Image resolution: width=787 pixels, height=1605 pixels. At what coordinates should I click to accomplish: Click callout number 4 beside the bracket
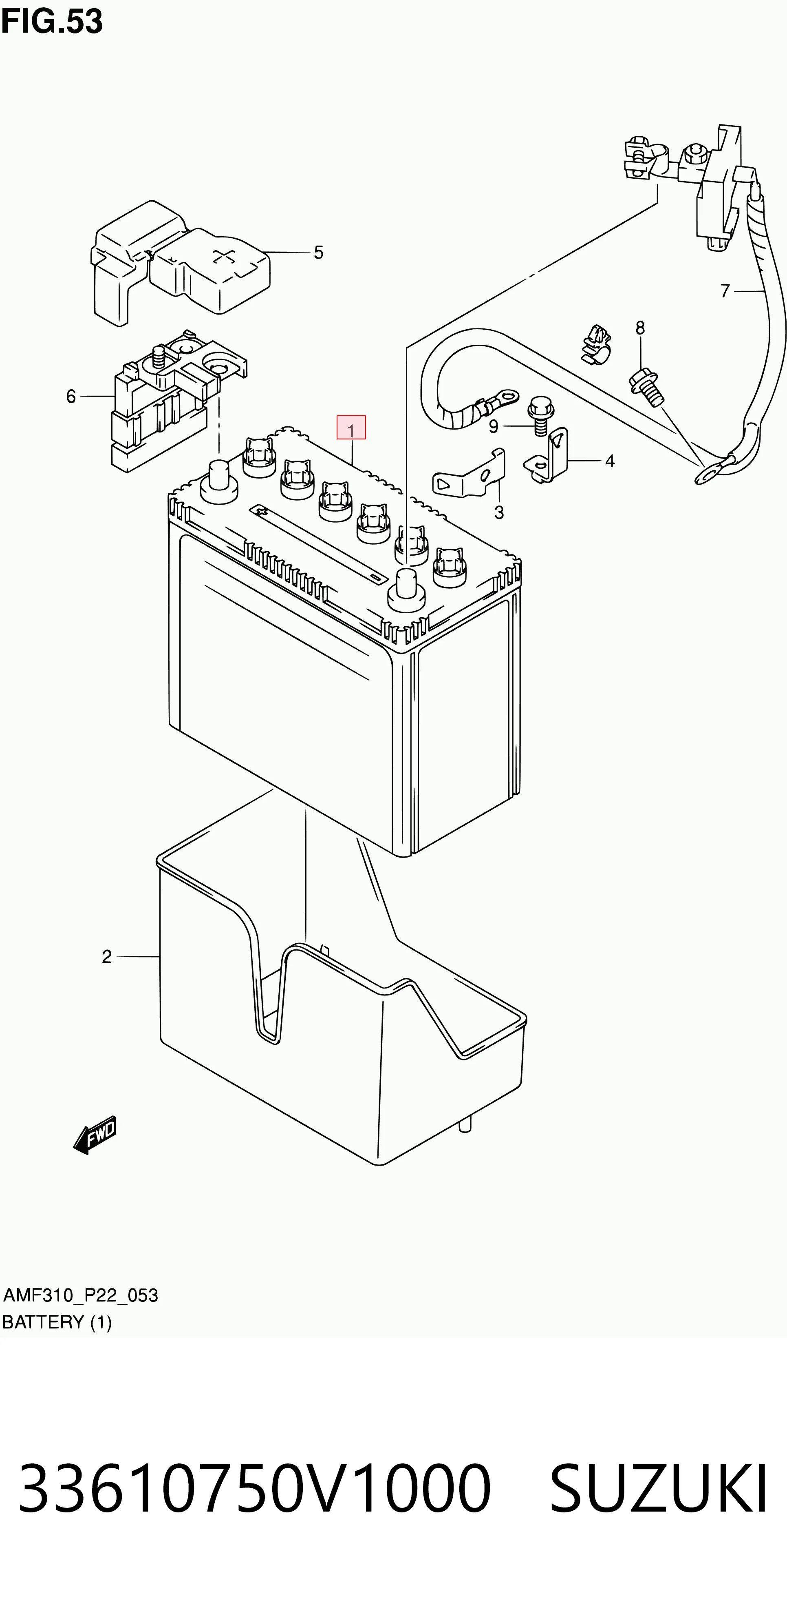click(x=610, y=461)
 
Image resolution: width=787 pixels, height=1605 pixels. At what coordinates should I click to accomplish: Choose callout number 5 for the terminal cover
click(x=318, y=253)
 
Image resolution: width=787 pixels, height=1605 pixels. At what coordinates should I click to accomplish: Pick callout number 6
click(x=71, y=396)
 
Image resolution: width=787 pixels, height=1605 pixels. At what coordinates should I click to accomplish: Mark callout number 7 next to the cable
click(x=725, y=291)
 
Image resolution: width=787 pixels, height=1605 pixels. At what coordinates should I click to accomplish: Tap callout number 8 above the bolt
click(x=640, y=328)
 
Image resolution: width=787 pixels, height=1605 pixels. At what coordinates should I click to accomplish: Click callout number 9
click(x=494, y=427)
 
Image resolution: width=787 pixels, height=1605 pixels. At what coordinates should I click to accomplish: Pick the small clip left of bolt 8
click(x=595, y=344)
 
